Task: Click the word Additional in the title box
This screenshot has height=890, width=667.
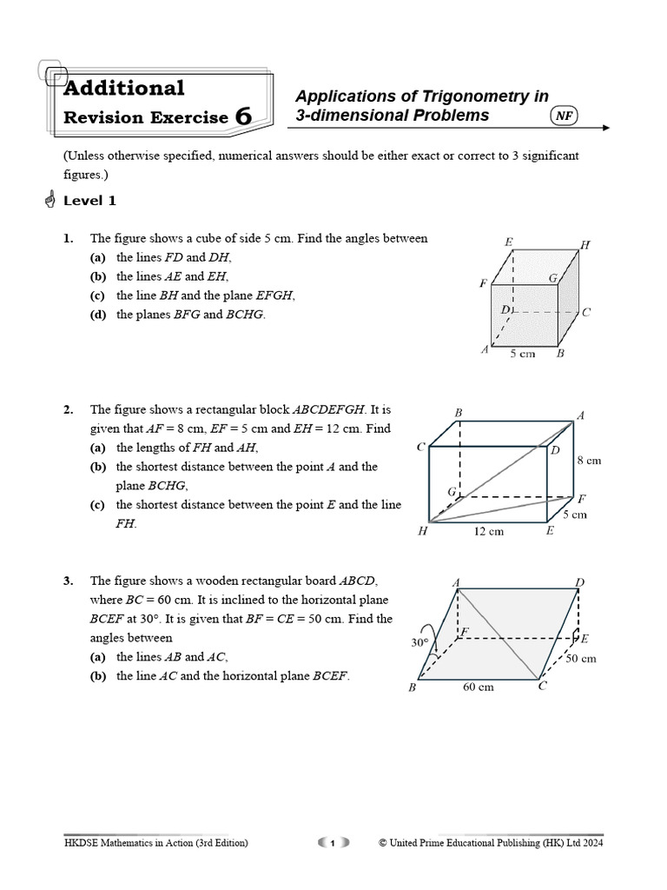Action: pos(124,88)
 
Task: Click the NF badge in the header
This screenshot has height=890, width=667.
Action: pos(565,116)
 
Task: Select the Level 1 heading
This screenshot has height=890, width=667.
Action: pos(89,201)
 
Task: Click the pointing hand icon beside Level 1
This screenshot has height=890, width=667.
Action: pos(49,201)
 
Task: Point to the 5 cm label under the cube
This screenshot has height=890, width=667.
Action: pos(522,354)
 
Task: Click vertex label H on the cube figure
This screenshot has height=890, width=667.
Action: pos(585,246)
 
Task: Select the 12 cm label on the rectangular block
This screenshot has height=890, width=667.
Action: pos(489,531)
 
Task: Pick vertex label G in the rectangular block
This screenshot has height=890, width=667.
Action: pos(452,492)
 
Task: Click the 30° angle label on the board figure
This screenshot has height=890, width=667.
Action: pos(420,644)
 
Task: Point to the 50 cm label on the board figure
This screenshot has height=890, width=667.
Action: pos(581,658)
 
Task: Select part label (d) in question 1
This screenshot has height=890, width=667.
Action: pos(100,315)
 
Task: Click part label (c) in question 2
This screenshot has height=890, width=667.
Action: pos(100,505)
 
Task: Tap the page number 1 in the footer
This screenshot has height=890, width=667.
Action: pos(333,842)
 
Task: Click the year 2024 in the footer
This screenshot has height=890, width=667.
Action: pos(591,842)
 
